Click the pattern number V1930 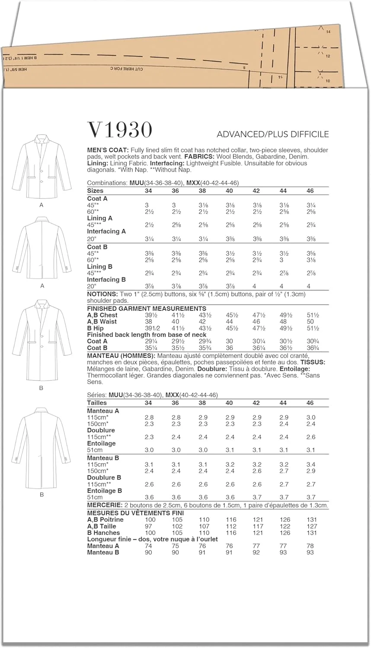[x=120, y=130]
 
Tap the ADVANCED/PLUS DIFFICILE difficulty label [x=272, y=134]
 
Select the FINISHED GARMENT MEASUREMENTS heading [x=147, y=308]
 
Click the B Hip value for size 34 [x=150, y=328]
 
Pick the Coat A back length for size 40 [x=229, y=341]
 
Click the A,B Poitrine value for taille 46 [x=311, y=520]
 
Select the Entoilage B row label [x=104, y=491]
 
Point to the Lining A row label [x=99, y=218]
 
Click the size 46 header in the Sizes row [x=310, y=191]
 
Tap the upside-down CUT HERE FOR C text [x=127, y=69]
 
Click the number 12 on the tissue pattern [x=328, y=56]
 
